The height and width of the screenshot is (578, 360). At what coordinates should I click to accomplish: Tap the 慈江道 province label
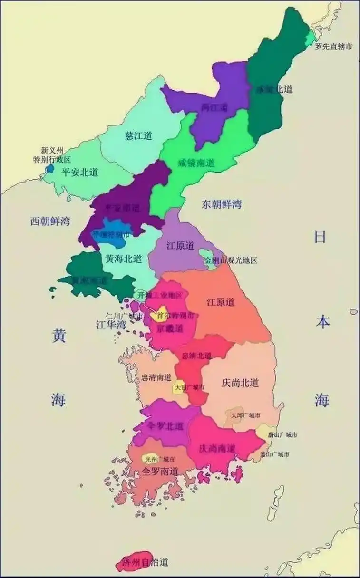138,136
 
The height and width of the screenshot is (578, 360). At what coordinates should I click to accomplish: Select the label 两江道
214,107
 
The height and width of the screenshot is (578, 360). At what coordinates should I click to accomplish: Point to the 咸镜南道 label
196,163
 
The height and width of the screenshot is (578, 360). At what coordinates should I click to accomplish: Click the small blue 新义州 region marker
50,168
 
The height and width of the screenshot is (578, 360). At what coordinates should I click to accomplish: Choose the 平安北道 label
80,172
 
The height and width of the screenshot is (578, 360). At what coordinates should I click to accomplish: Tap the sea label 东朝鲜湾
222,204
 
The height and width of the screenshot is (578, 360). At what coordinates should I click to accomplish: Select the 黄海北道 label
124,259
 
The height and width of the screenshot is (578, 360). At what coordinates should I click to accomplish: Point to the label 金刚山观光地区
231,260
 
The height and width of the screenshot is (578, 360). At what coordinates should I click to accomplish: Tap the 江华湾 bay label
111,325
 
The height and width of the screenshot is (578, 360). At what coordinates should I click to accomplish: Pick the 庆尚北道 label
240,383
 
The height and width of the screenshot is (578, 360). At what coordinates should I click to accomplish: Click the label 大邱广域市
245,415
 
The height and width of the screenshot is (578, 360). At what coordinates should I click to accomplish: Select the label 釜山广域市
275,454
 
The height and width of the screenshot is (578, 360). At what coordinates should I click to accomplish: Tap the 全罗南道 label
160,472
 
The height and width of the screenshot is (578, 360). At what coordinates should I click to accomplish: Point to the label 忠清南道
156,378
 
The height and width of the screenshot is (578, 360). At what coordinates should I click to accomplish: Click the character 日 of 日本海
321,236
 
